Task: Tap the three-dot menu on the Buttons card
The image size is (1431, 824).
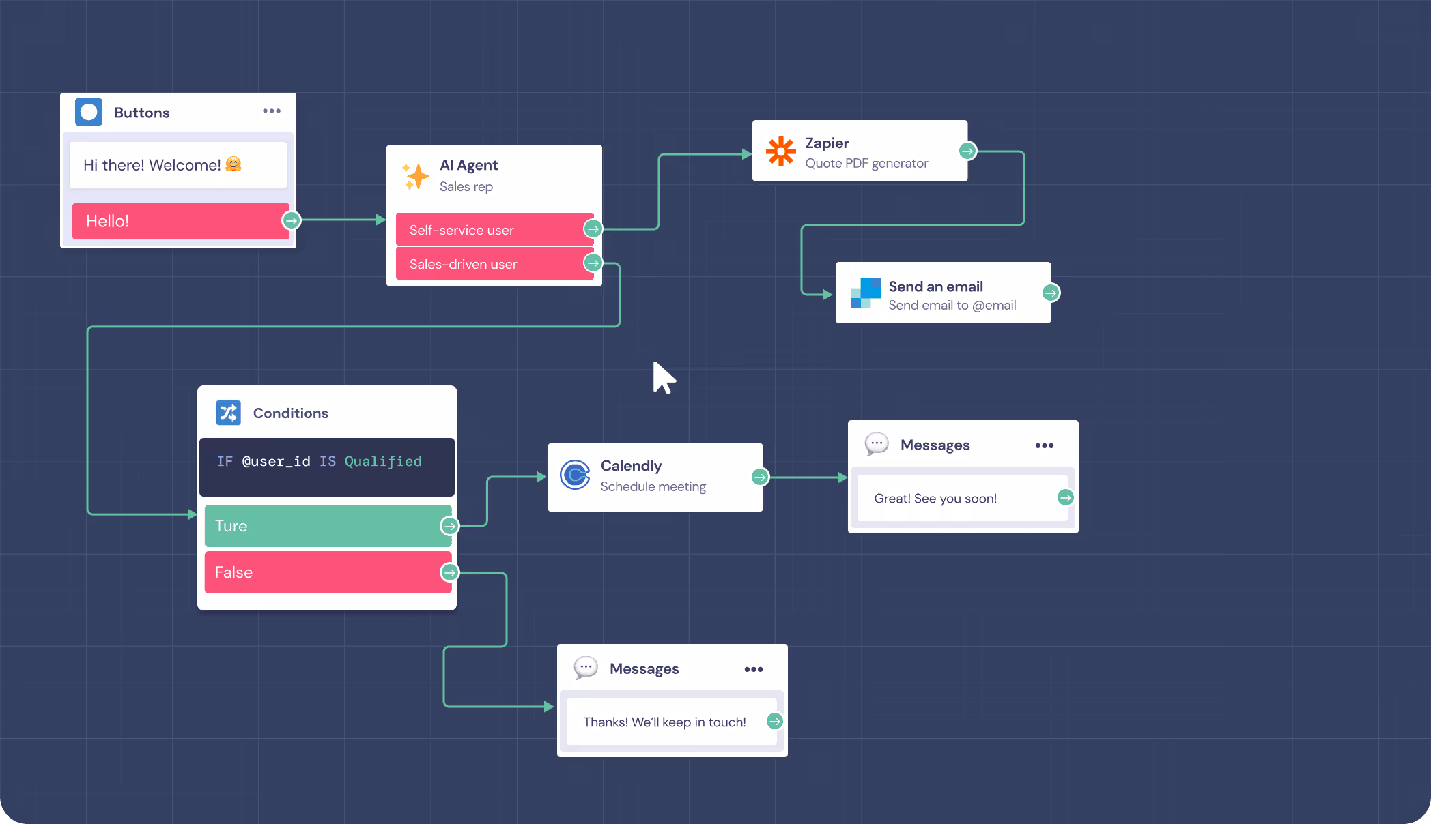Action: (272, 111)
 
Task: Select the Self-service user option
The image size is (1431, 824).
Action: (489, 230)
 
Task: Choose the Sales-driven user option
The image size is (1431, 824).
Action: (489, 264)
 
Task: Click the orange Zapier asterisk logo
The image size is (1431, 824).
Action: (780, 151)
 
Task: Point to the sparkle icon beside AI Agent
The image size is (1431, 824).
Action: (416, 176)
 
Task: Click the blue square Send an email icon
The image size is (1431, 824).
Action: (865, 293)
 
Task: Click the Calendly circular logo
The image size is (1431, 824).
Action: (575, 475)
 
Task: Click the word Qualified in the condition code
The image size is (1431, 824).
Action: (382, 462)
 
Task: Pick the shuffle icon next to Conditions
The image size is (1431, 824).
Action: (228, 413)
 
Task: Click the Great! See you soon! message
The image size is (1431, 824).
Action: (935, 499)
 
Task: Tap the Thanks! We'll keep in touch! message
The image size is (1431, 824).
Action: (664, 722)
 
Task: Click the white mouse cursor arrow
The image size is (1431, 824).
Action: (662, 377)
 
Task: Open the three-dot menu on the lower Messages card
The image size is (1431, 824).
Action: (754, 669)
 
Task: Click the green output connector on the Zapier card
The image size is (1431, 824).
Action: (967, 151)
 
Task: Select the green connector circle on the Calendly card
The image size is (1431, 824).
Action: (760, 477)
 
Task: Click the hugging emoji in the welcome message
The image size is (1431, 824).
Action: (233, 164)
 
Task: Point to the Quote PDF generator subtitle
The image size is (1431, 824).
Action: (866, 164)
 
